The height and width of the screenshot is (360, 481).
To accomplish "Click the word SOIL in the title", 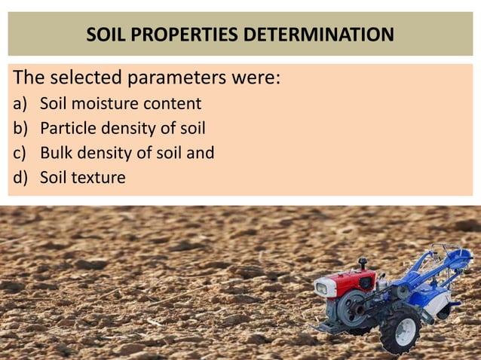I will point(105,35).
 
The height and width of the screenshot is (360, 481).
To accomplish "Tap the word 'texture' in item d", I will point(99,178).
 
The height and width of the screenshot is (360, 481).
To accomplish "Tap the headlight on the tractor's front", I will point(322,288).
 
